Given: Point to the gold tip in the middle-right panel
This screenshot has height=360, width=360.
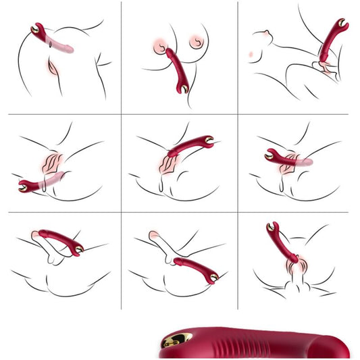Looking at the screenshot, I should pyautogui.click(x=269, y=155).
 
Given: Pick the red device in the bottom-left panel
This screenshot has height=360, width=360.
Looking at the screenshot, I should pyautogui.click(x=59, y=240).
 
